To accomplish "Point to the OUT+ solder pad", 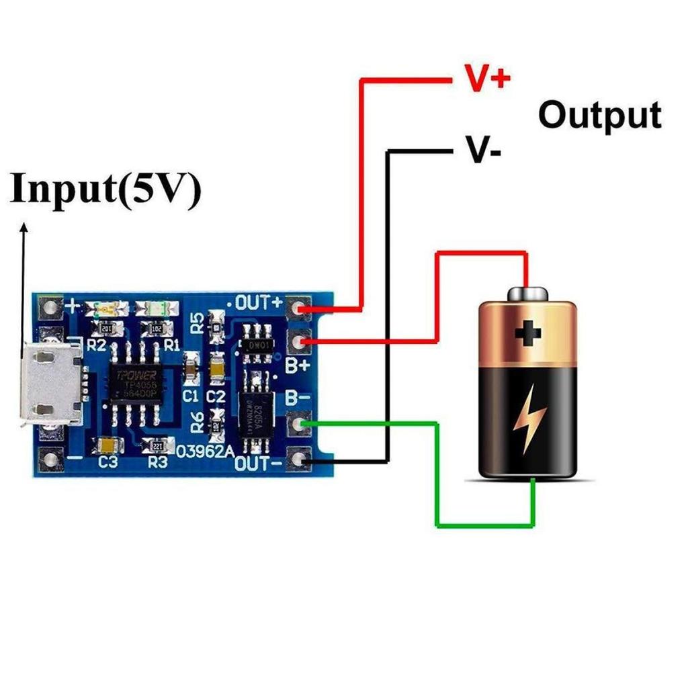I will point(299,308).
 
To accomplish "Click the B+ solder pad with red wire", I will point(299,342).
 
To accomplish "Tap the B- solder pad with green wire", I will point(299,425).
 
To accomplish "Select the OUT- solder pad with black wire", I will point(299,460).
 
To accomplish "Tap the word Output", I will point(599,116).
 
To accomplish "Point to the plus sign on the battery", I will point(528,333).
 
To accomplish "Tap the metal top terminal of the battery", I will point(527,294).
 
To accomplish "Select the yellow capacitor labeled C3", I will point(106,445).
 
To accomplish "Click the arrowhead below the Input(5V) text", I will point(24,228).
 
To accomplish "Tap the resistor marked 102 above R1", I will point(156,328).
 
